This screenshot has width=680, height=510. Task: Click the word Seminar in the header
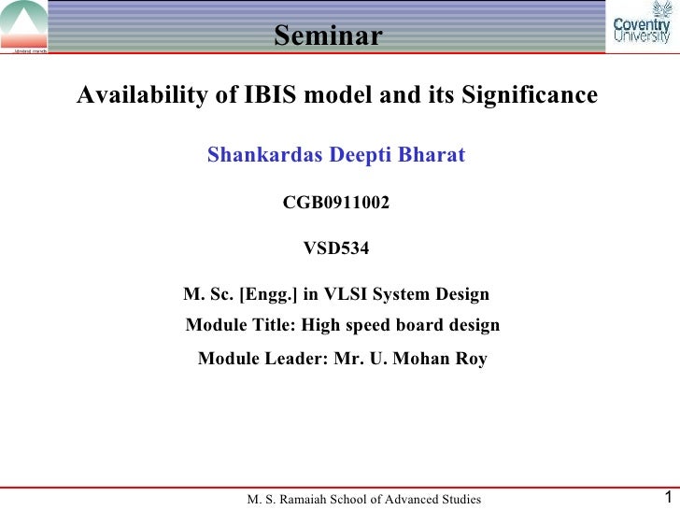328,35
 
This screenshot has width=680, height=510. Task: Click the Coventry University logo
642,30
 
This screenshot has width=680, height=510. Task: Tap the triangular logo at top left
24,26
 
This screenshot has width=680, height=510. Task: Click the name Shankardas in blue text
264,154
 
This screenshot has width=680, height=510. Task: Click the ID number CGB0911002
336,203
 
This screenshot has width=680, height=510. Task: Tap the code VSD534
336,248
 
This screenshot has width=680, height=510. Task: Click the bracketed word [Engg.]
269,295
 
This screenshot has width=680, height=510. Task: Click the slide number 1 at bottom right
666,498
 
